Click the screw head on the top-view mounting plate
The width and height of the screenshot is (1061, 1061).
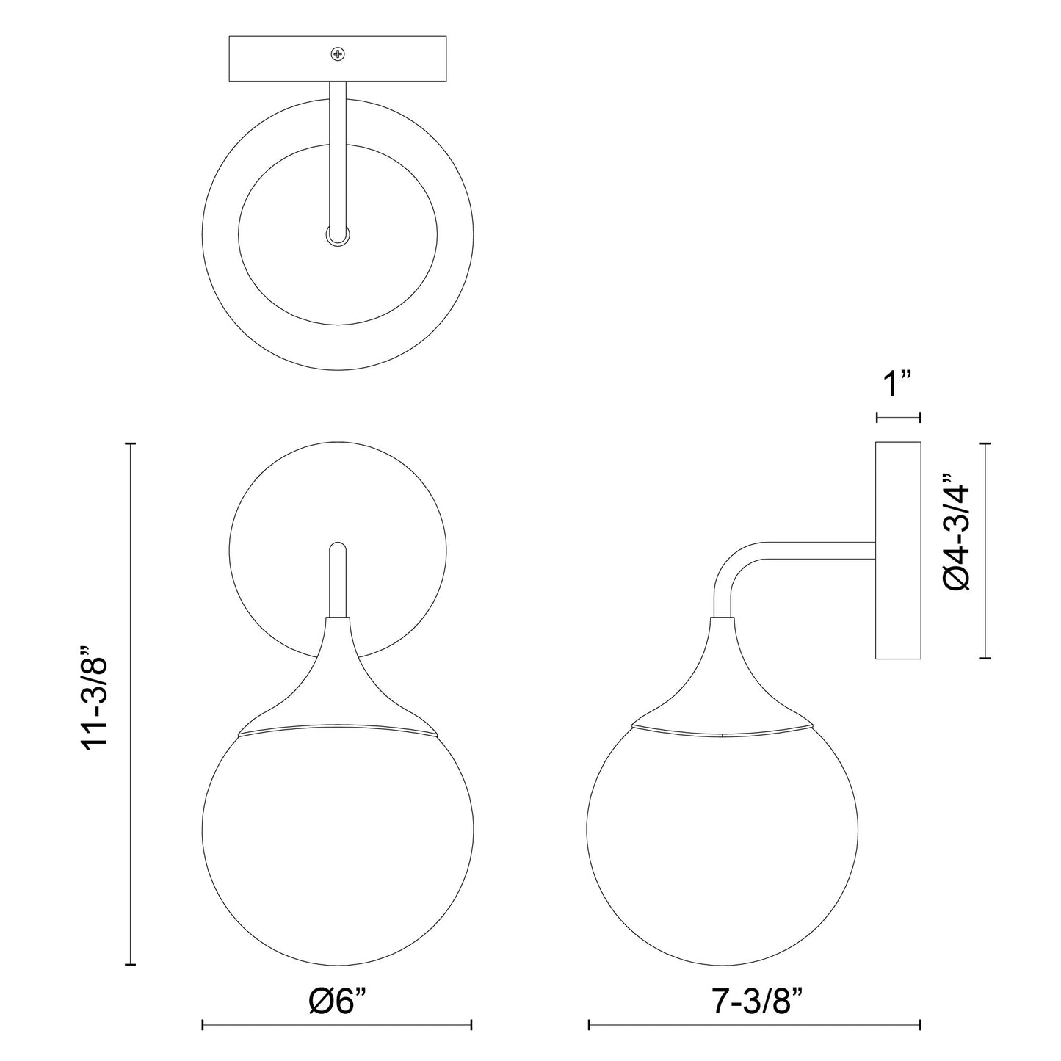click(x=338, y=54)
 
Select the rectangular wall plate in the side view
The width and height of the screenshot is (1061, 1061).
click(x=898, y=551)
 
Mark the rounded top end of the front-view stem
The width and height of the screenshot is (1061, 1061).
click(x=338, y=548)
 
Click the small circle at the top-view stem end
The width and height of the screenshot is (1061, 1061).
click(x=338, y=235)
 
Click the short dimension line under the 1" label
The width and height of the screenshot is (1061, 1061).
click(x=898, y=418)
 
